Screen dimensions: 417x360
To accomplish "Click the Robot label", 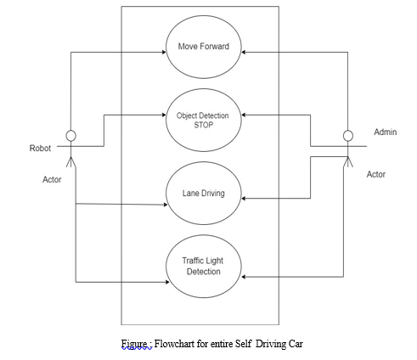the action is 40,148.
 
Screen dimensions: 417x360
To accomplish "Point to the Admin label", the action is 386,132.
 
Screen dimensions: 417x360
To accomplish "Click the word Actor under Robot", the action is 52,179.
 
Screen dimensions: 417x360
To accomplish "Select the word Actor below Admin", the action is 376,174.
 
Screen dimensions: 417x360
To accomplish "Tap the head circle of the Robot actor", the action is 70,136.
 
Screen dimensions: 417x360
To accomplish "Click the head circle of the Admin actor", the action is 348,136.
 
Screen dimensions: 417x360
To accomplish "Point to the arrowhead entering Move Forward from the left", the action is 164,52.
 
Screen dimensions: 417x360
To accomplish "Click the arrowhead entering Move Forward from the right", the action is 244,52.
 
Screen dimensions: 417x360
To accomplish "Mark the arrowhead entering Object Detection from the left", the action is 164,115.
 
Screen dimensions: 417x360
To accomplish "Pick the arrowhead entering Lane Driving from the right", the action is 244,199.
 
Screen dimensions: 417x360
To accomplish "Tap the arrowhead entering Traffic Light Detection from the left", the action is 167,282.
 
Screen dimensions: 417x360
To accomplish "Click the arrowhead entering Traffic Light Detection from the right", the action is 244,277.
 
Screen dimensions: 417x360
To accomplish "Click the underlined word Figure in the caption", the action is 134,344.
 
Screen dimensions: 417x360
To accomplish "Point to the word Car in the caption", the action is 296,344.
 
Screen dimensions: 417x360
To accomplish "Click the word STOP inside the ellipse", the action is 204,125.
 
